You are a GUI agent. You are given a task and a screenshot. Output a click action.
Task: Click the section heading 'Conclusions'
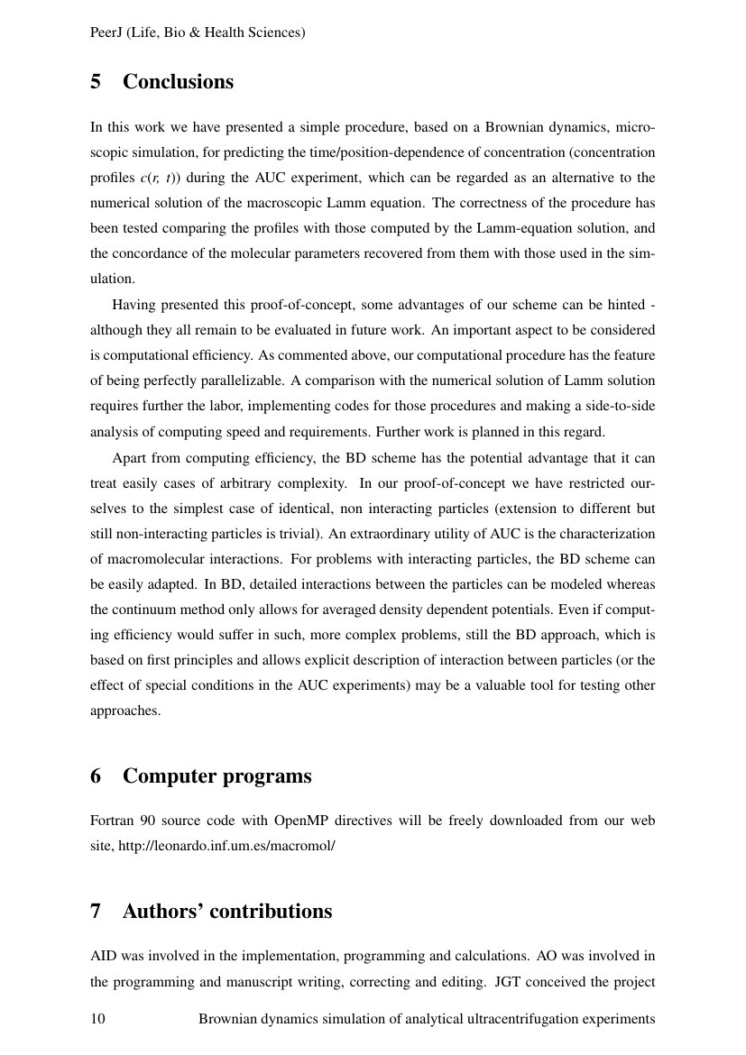(x=178, y=82)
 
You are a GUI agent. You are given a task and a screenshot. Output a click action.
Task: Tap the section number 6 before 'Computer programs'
(x=96, y=776)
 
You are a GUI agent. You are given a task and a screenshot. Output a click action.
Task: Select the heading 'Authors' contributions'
(x=227, y=912)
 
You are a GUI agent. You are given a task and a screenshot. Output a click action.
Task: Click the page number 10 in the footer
(x=98, y=1019)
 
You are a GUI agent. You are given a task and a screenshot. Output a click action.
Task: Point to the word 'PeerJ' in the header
(x=107, y=32)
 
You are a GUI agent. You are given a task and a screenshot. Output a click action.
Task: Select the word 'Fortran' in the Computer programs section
(x=113, y=821)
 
